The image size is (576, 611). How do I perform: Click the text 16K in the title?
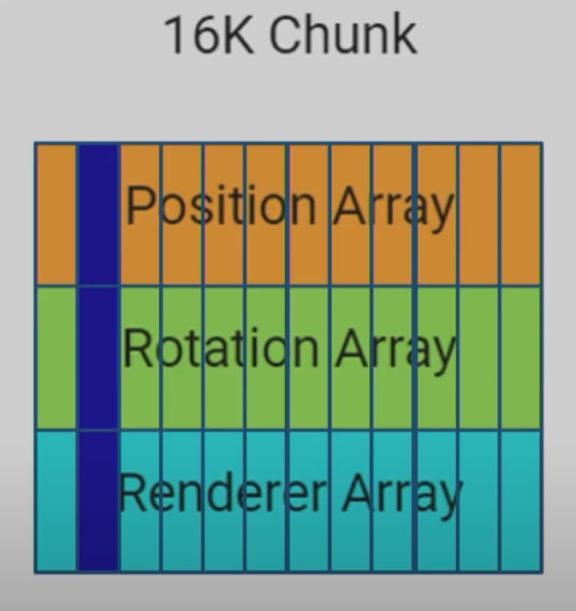click(209, 35)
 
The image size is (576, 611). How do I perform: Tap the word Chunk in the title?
click(343, 34)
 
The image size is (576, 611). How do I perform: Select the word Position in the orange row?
click(221, 205)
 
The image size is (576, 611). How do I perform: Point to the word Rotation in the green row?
click(221, 347)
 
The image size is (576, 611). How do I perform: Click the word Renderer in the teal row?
click(223, 492)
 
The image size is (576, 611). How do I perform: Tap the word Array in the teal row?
click(402, 494)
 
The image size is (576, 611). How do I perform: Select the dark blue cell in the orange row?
click(98, 214)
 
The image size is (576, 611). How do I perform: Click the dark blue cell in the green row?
click(98, 358)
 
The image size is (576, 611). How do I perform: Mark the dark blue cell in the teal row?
click(98, 501)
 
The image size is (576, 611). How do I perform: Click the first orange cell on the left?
click(56, 214)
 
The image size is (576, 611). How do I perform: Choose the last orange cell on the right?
click(520, 214)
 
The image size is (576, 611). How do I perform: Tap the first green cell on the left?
click(56, 358)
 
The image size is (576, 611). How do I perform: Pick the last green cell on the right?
click(520, 358)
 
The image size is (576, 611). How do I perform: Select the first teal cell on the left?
click(56, 501)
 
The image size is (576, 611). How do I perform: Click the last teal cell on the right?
click(520, 501)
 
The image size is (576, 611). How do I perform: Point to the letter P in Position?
click(141, 205)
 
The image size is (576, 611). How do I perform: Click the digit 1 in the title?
click(175, 36)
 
